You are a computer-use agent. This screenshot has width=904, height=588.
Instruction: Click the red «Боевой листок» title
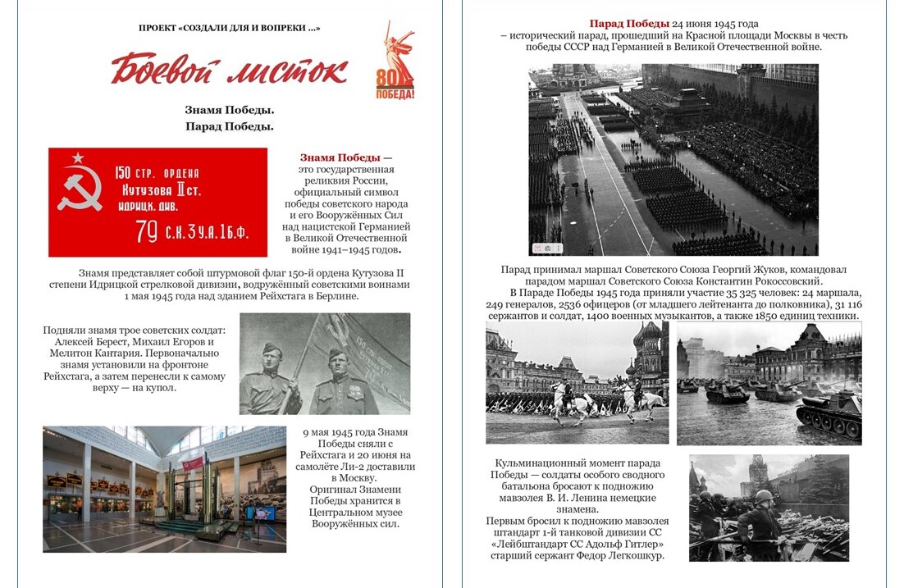click(x=229, y=71)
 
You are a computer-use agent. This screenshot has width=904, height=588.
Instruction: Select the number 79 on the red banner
click(x=147, y=233)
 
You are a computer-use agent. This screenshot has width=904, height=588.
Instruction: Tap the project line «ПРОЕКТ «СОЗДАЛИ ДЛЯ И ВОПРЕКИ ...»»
click(x=230, y=29)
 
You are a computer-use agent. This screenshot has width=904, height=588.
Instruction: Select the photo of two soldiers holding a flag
click(x=325, y=363)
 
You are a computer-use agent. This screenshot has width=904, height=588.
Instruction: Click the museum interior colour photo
click(x=164, y=489)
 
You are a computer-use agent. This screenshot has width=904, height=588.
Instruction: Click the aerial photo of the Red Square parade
click(x=673, y=160)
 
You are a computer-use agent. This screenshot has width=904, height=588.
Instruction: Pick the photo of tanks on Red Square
click(x=769, y=383)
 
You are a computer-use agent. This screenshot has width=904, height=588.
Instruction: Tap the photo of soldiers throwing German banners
click(x=769, y=508)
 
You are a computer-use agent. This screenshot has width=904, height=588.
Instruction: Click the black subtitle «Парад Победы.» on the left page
click(x=230, y=126)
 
